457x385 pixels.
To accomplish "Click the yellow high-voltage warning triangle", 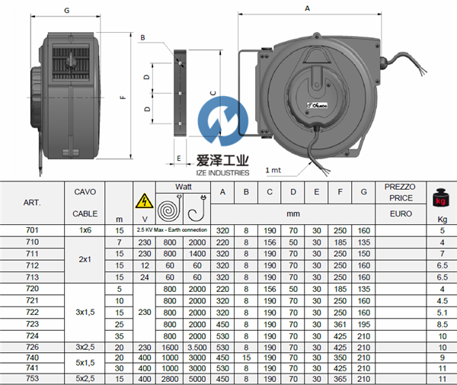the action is coord(144,201).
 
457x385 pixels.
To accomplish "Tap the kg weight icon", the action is coord(441,197).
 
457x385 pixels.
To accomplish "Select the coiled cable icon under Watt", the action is coord(170,208).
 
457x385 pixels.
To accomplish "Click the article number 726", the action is coord(32,347).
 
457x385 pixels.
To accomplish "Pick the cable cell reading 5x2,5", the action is coord(85,379).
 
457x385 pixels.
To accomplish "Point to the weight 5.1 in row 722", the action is coord(442,313).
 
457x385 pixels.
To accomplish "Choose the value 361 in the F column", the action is coord(340,324).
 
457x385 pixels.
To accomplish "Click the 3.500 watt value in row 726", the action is coord(197,348).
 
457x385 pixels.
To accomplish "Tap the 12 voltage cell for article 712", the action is coord(145,266).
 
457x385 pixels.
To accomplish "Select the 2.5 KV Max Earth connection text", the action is coord(172,229).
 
